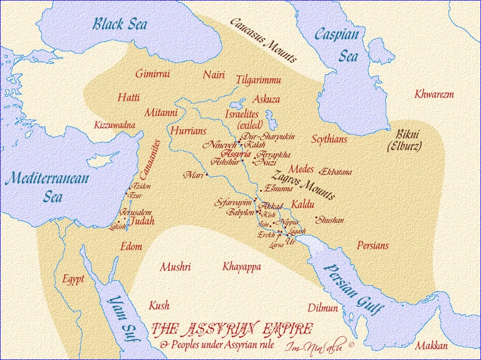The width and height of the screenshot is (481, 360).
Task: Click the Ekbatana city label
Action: [x=336, y=172]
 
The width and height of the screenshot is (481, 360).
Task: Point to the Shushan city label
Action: [x=330, y=220]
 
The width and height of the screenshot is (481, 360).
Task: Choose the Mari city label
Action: [x=194, y=175]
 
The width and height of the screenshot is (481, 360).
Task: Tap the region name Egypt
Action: [x=73, y=279]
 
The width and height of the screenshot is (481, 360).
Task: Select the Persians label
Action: [x=373, y=245]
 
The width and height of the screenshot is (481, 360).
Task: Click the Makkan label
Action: [x=431, y=346]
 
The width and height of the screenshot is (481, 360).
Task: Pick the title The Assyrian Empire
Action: [x=232, y=329]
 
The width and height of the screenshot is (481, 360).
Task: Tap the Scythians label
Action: [x=329, y=139]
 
